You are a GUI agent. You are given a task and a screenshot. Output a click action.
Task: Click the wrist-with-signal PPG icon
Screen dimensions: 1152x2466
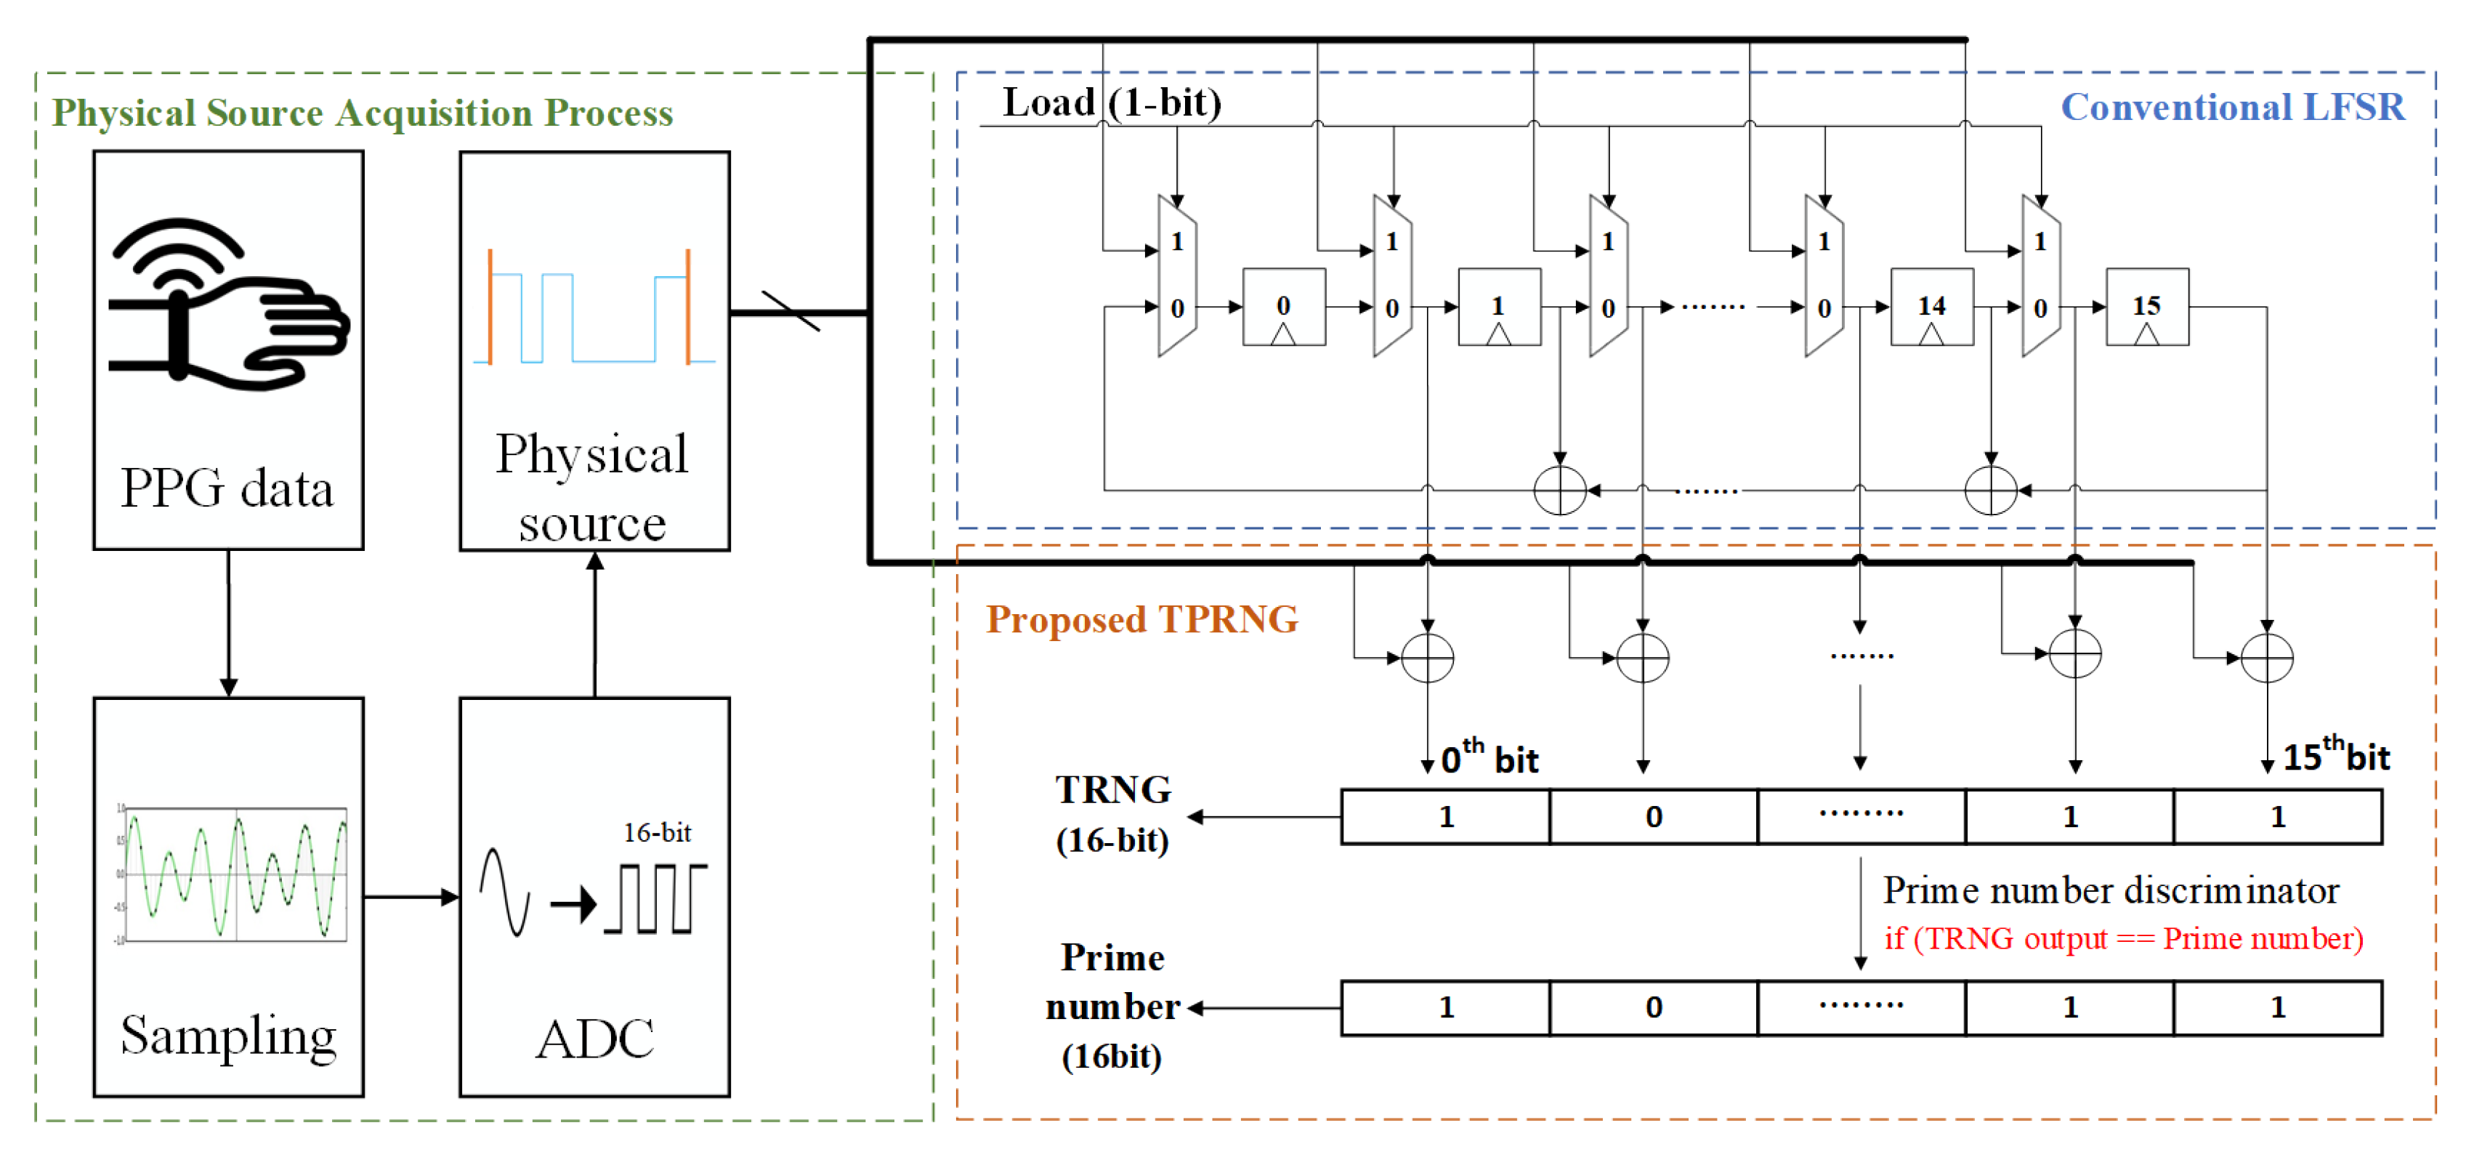coord(228,305)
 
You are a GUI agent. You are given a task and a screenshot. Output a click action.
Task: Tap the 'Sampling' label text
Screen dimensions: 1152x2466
coord(228,1036)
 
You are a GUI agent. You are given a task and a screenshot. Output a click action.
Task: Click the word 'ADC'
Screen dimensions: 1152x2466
coord(594,1039)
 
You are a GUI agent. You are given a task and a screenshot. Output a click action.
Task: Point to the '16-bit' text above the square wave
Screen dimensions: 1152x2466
coord(657,833)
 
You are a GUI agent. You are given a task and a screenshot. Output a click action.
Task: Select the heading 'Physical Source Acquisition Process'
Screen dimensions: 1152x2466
coord(362,113)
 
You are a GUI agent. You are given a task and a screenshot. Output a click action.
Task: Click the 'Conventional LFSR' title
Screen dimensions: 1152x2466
coord(2233,108)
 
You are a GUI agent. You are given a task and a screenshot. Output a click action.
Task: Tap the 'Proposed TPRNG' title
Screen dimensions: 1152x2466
coord(1142,619)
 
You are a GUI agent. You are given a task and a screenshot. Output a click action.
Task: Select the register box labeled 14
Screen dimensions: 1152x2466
coord(1931,307)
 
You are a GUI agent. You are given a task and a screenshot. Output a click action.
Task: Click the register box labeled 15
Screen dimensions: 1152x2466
coord(2146,307)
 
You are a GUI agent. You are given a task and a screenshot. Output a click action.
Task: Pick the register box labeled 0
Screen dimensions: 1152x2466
coord(1283,307)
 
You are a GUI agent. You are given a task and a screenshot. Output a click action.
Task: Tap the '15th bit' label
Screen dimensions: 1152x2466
coord(2336,757)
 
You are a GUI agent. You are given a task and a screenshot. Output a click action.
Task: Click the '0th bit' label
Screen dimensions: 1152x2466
coord(1489,758)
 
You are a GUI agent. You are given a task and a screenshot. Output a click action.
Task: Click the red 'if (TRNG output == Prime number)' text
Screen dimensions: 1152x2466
coord(2123,938)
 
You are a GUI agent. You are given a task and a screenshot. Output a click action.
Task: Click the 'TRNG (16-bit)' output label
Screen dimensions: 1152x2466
coord(1112,815)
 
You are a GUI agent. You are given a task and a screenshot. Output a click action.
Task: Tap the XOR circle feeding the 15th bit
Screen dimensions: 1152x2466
coord(2267,658)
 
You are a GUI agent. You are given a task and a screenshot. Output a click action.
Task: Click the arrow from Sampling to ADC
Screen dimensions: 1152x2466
coord(412,898)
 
